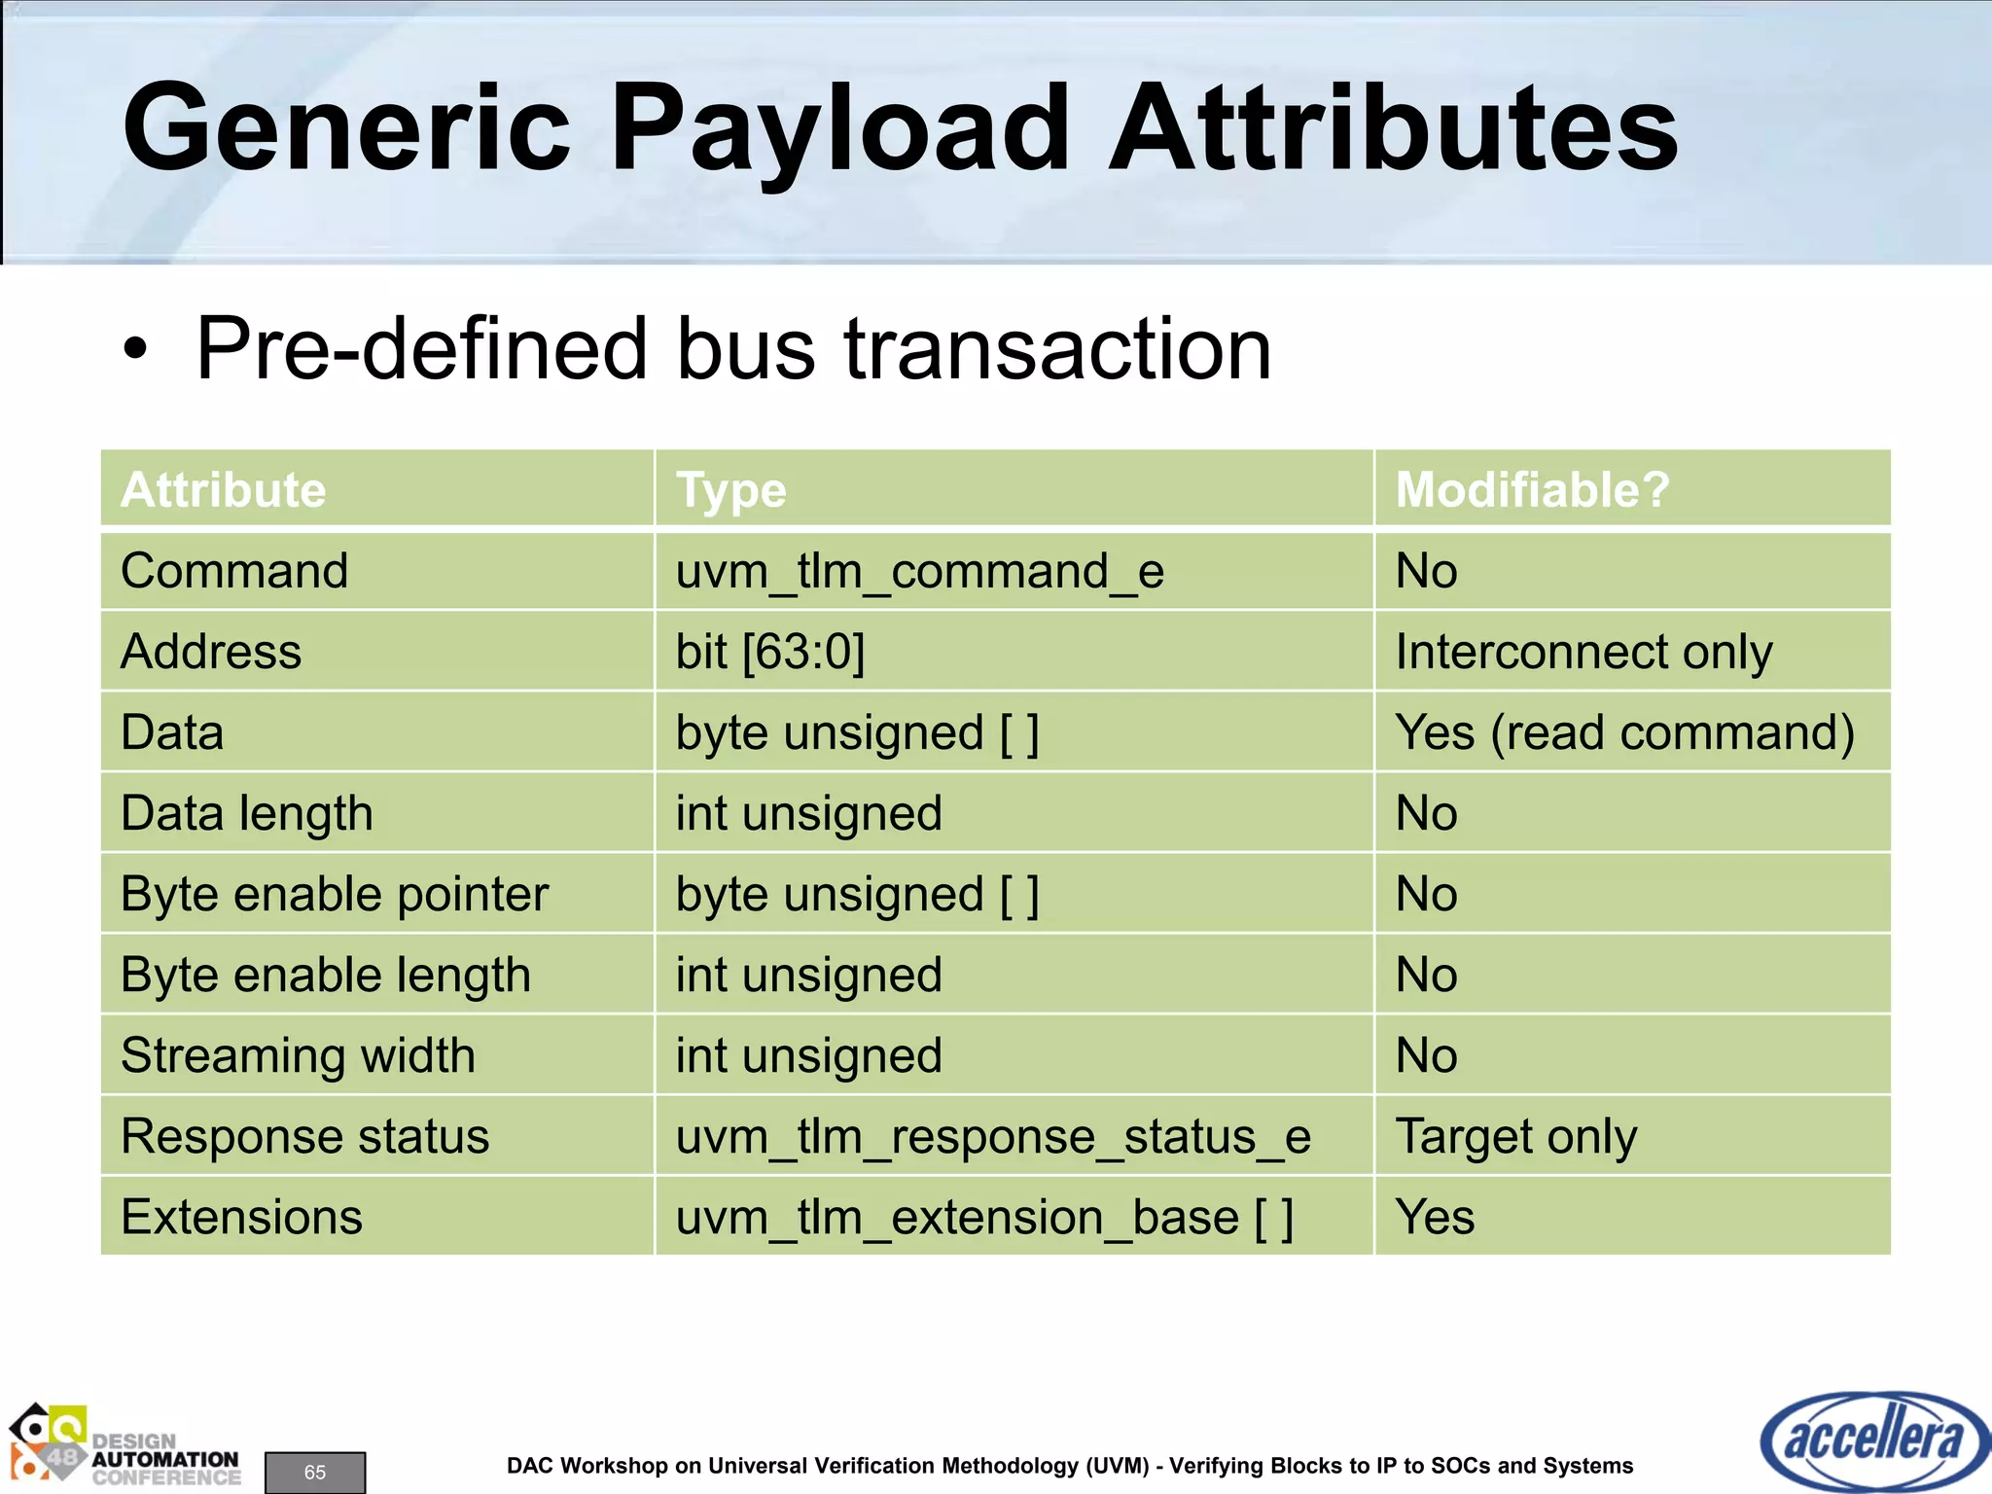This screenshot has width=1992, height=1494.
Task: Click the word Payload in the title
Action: tap(838, 128)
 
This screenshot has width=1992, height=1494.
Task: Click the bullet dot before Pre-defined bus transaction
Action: tap(136, 350)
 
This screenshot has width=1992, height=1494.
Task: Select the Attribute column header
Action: tap(224, 489)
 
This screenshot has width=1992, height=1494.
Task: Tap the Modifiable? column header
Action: tap(1532, 489)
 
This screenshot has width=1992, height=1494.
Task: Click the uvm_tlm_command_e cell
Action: tap(919, 571)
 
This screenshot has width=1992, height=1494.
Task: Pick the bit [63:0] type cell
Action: tap(770, 652)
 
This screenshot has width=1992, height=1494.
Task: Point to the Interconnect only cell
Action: tap(1583, 652)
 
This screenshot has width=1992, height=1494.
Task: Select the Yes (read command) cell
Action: tap(1624, 732)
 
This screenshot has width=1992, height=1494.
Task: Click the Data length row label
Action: tap(247, 813)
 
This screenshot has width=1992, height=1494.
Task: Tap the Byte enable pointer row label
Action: tap(335, 894)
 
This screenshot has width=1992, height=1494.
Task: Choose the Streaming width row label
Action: tap(298, 1055)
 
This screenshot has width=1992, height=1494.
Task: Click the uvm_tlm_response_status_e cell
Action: tap(993, 1136)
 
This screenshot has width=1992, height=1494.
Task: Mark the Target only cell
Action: tap(1515, 1136)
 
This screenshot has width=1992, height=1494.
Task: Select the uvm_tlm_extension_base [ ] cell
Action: tap(984, 1217)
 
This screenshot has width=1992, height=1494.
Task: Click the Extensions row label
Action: tap(241, 1217)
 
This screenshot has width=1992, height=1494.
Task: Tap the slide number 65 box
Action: tap(315, 1472)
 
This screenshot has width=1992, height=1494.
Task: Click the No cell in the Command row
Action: tap(1426, 571)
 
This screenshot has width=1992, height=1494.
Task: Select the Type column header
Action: tap(730, 489)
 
